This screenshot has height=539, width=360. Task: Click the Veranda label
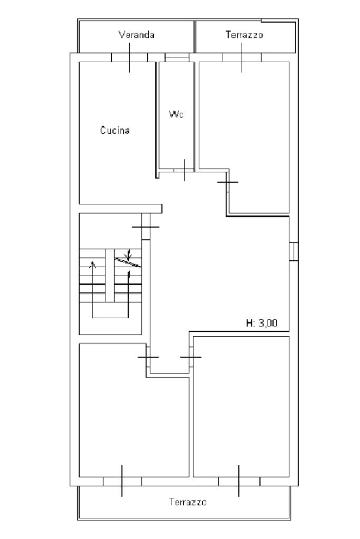point(137,35)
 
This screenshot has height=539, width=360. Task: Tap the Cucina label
point(115,130)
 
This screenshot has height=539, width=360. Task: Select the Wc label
point(176,114)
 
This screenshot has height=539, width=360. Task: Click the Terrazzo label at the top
point(245,35)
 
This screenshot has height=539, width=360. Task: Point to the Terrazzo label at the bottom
point(188,502)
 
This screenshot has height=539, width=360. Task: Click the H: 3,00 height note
point(261,323)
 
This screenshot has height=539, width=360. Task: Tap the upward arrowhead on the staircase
point(92,264)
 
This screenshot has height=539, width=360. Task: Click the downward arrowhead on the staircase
point(128,257)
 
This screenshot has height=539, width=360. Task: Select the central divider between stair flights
point(110,276)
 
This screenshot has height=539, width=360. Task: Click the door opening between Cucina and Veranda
point(129,57)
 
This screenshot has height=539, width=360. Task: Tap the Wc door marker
point(184,170)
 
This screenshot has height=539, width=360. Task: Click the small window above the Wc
point(177,57)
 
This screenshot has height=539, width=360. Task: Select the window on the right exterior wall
point(293,252)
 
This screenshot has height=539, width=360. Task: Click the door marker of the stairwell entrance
point(146,227)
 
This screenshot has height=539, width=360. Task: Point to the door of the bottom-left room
point(148,357)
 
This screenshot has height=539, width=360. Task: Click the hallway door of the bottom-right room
point(191,357)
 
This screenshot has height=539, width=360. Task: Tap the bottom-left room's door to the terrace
point(122,481)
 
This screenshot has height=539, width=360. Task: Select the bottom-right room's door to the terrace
point(239,481)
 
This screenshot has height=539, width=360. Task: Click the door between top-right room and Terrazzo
point(242,57)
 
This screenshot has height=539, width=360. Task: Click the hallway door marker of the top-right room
point(228,182)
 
